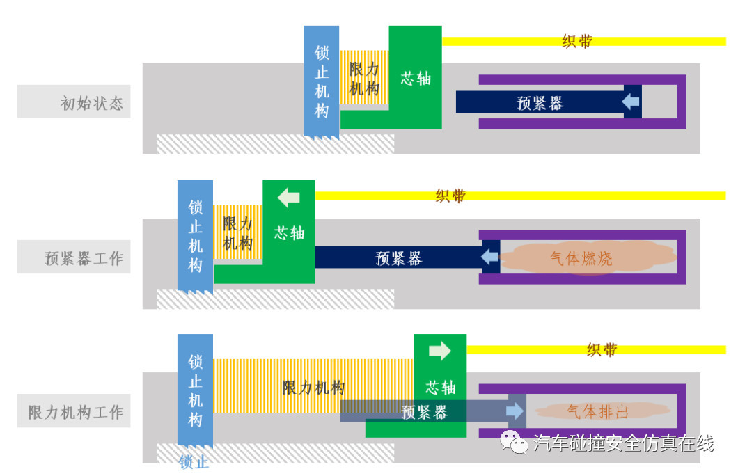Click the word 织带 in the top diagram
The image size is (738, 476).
(577, 41)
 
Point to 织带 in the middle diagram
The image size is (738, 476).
(450, 196)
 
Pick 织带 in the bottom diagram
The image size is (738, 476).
(602, 349)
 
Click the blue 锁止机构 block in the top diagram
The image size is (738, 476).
(322, 81)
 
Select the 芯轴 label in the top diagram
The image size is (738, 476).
(416, 78)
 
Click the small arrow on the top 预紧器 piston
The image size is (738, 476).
(631, 102)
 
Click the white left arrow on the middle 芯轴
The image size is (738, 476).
(288, 198)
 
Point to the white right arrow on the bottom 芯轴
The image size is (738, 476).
(440, 351)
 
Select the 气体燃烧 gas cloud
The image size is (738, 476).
(581, 258)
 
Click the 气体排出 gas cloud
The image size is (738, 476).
(597, 411)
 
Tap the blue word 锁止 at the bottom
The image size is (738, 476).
(194, 461)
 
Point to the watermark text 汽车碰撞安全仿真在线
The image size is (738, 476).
(623, 443)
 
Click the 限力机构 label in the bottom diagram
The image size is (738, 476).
(313, 387)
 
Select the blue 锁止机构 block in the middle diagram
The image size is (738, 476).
(195, 235)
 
